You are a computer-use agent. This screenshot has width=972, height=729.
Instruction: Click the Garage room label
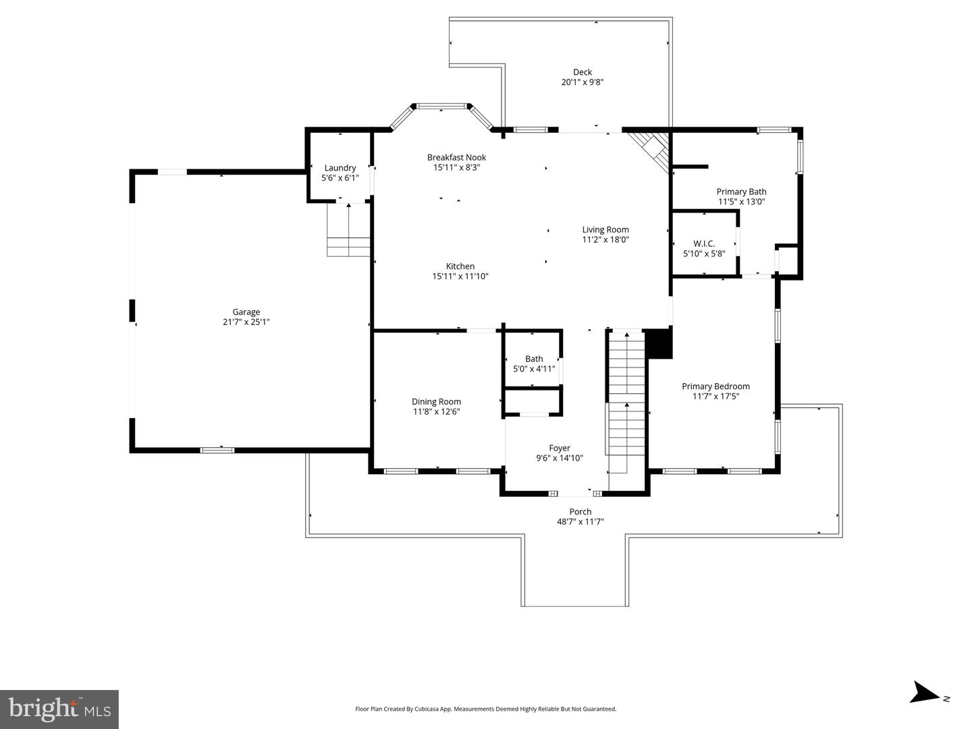pos(246,312)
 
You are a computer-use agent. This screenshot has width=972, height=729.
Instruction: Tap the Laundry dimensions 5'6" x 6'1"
pos(340,178)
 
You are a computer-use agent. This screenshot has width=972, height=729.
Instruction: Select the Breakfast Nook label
pos(456,157)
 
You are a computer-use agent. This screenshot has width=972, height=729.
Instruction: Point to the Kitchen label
pos(460,266)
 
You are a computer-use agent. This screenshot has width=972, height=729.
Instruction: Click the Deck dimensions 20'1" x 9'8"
pos(583,82)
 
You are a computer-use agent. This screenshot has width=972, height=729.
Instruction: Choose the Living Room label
pos(605,229)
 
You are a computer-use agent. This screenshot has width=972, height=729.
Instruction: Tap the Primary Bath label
pos(741,192)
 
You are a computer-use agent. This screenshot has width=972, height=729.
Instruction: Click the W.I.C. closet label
pos(704,243)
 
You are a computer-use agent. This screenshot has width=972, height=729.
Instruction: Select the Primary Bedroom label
pos(715,386)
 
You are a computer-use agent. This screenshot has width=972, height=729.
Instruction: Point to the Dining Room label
pos(436,402)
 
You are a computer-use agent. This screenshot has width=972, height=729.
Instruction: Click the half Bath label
pos(534,359)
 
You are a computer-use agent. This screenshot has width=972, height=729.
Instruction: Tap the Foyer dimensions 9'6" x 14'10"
pos(560,458)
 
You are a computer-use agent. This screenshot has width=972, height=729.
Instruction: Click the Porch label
pos(580,511)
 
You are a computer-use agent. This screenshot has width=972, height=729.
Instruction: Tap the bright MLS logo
pos(59,709)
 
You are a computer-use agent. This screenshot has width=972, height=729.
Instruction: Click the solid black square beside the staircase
pos(659,343)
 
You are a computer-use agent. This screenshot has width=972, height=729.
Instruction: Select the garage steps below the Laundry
pos(348,229)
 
